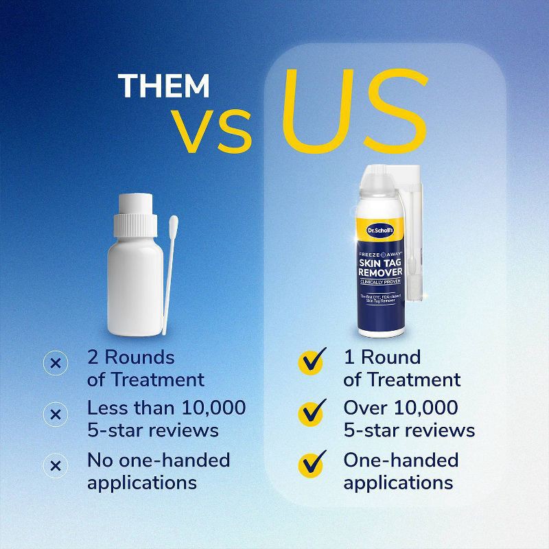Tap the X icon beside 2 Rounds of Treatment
[x=56, y=364]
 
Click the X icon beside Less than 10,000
[x=56, y=415]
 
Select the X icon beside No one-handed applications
[x=56, y=466]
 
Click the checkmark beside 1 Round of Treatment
[x=311, y=361]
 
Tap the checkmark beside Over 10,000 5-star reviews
[x=311, y=412]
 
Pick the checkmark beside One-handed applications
[x=311, y=465]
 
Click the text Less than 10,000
[x=166, y=408]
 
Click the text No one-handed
[x=159, y=459]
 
